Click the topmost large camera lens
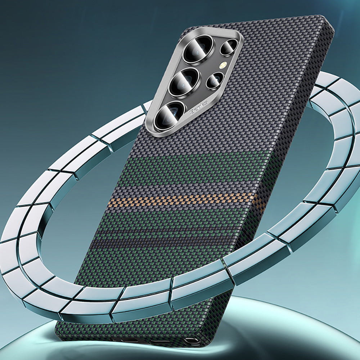tap(196, 50)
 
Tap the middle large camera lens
tap(184, 82)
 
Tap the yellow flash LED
tap(224, 65)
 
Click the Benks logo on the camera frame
tap(199, 107)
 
